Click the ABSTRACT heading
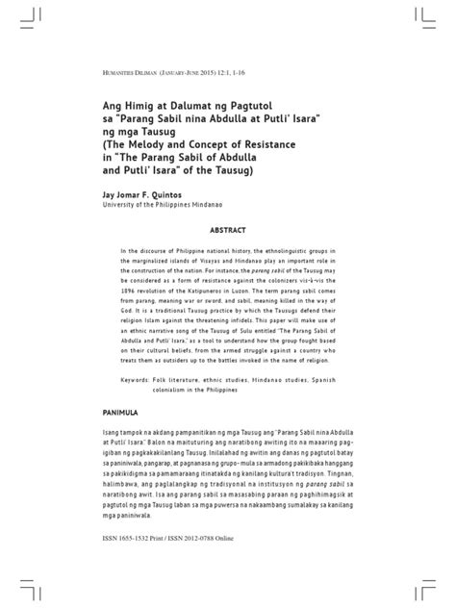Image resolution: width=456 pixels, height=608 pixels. (x=227, y=231)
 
